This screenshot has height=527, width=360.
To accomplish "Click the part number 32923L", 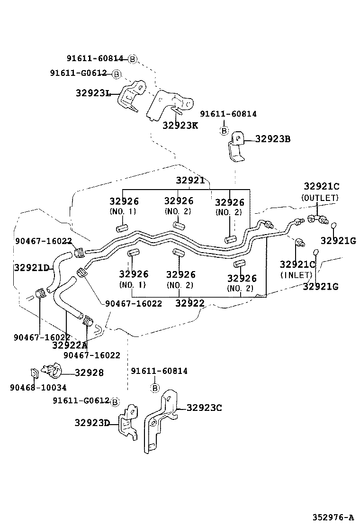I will pyautogui.click(x=93, y=93).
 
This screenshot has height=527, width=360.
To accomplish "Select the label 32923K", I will pyautogui.click(x=180, y=125).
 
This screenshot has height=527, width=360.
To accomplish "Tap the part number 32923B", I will pyautogui.click(x=273, y=139).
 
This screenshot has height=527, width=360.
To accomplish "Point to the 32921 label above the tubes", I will pyautogui.click(x=190, y=181).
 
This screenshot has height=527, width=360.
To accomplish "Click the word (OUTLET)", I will pyautogui.click(x=320, y=198).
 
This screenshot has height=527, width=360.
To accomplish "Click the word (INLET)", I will pyautogui.click(x=296, y=275).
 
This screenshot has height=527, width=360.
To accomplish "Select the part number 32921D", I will pyautogui.click(x=31, y=268).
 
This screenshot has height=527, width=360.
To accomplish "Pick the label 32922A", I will pyautogui.click(x=70, y=345).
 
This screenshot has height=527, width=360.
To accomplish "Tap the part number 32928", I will pyautogui.click(x=89, y=373).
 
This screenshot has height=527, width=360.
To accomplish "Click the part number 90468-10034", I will pyautogui.click(x=38, y=387).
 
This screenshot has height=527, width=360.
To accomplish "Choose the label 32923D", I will pyautogui.click(x=92, y=422).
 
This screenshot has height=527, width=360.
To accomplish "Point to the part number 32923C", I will pyautogui.click(x=204, y=408).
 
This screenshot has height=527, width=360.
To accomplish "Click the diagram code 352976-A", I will pyautogui.click(x=333, y=517).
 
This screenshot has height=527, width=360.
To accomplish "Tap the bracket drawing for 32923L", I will pyautogui.click(x=129, y=97).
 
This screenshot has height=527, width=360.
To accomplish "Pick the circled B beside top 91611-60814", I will pyautogui.click(x=133, y=59).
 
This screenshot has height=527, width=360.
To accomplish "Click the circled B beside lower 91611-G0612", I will pyautogui.click(x=115, y=402).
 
